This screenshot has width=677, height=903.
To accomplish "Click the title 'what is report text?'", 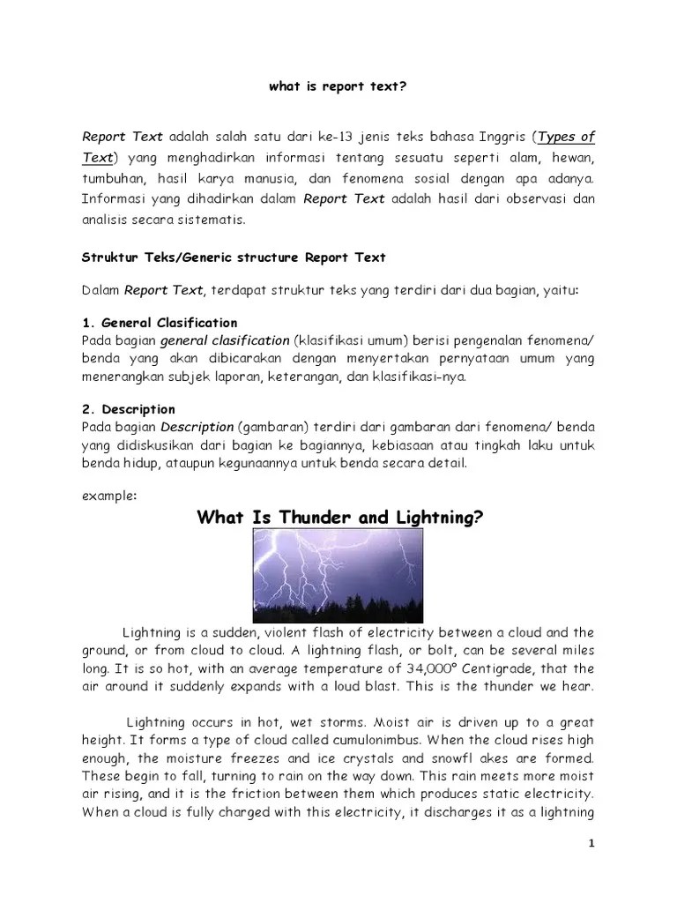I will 338,88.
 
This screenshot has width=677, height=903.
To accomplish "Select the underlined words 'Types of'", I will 566,137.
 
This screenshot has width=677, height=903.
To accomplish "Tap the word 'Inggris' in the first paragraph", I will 496,137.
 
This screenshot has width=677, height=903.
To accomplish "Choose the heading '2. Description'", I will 129,409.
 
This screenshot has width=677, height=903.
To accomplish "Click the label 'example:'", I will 109,495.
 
